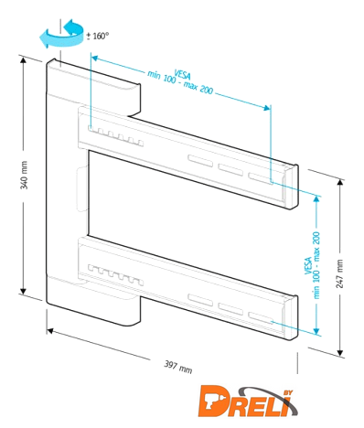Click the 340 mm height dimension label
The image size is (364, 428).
pos(24,176)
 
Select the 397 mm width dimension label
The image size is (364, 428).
pos(178,367)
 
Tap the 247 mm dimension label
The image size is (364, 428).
pos(339,273)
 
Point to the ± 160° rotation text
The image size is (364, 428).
pos(97,36)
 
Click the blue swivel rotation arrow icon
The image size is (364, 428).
pos(62,34)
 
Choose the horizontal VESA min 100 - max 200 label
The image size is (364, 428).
pos(181,80)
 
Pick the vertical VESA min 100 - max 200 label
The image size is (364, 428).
pos(313,265)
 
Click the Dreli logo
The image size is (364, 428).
pos(248,401)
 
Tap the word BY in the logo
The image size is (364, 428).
pos(288,393)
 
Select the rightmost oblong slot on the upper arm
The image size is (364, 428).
pos(261,178)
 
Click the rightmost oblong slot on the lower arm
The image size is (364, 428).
pos(261,318)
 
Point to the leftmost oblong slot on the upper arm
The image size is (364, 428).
pos(200,161)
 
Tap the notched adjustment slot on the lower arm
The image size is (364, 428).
pos(116,275)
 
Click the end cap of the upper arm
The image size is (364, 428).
pos(290,187)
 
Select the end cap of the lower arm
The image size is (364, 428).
pos(290,317)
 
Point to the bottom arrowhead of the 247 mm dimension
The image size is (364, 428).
pos(340,352)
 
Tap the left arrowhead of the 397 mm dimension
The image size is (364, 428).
pos(50,331)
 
